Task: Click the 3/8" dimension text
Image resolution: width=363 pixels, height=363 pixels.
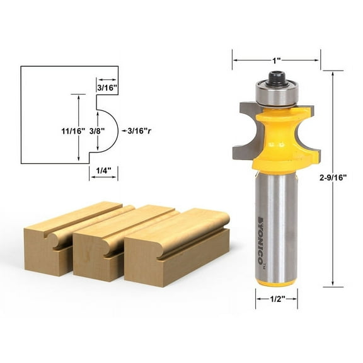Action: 97,131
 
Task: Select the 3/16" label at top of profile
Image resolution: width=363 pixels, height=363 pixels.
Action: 107,88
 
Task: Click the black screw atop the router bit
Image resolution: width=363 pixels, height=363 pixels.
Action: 276,78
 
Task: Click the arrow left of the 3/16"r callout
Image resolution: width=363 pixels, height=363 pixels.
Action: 122,131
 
